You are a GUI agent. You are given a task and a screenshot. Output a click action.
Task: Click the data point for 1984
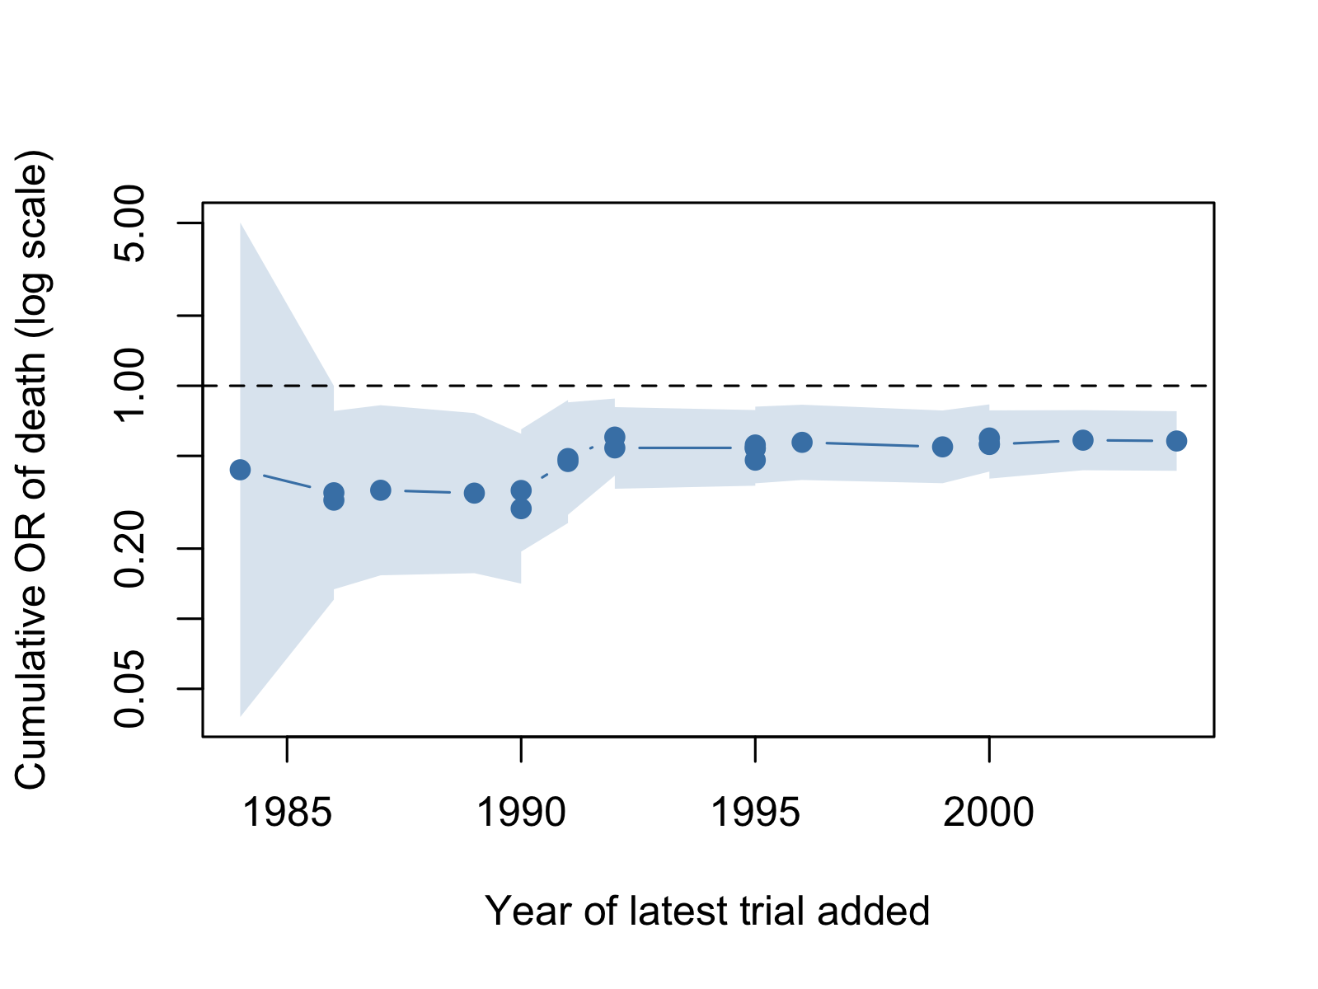[x=240, y=469]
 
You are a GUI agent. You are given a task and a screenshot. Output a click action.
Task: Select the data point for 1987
[x=381, y=490]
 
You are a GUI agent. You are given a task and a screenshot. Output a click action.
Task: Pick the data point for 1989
[x=474, y=494]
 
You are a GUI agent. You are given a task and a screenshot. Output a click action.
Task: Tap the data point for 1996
[x=802, y=443]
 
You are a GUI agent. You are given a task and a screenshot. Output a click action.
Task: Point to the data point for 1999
[x=943, y=447]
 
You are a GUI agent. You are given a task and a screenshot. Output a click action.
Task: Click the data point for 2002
[x=1082, y=440]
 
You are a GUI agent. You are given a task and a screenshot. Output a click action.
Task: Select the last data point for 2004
[x=1176, y=441]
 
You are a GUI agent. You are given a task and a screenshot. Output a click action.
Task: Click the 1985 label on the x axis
[x=287, y=813]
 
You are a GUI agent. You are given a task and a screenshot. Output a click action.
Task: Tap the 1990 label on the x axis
[x=521, y=813]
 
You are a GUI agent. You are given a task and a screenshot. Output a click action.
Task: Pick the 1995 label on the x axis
[x=755, y=813]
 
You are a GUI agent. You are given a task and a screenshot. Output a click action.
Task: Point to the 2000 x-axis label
[x=989, y=813]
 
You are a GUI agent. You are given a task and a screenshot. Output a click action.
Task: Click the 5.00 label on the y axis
[x=129, y=223]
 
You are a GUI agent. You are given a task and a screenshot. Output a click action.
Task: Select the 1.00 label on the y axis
[x=129, y=385]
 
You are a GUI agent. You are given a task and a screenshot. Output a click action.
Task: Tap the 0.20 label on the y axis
[x=129, y=549]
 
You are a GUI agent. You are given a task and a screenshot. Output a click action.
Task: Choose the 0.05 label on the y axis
[x=129, y=688]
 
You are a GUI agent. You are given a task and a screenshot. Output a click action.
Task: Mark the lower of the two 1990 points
[x=521, y=509]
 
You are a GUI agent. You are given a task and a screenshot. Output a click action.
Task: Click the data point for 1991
[x=568, y=460]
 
